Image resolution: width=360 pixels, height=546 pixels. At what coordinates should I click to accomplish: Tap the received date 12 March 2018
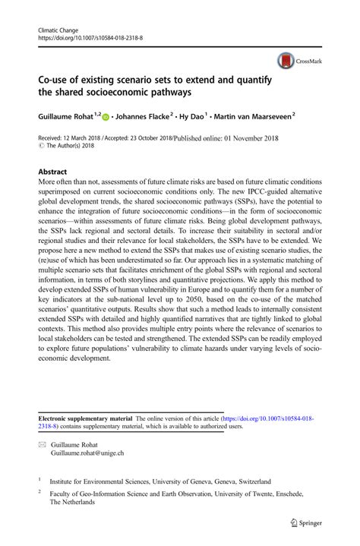click(x=87, y=138)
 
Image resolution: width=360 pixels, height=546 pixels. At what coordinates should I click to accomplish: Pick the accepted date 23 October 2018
click(x=145, y=138)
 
